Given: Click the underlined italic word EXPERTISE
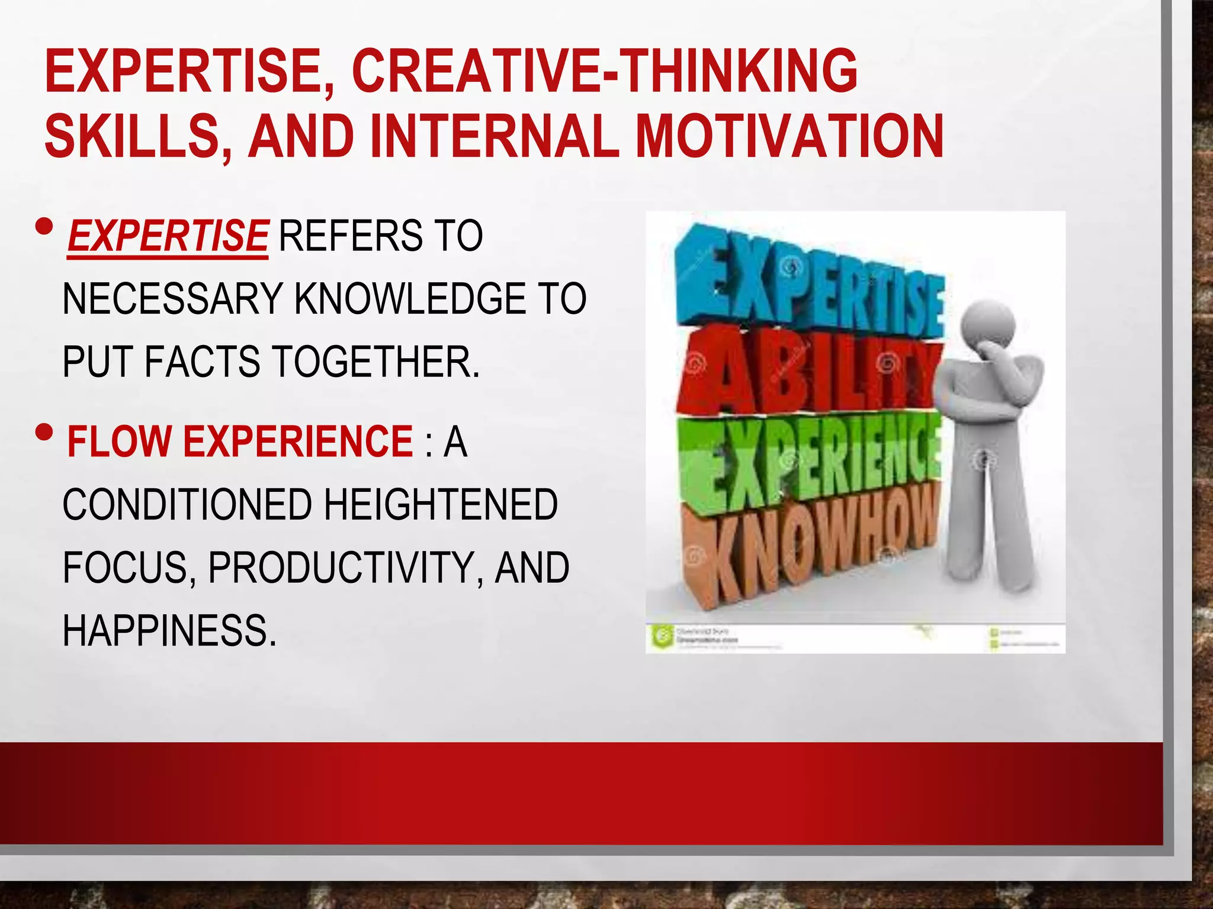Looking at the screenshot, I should click(x=168, y=236).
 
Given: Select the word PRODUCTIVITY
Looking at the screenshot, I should click(x=341, y=568).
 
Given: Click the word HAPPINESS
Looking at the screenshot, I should click(x=169, y=631).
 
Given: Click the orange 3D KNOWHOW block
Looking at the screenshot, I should click(x=811, y=544).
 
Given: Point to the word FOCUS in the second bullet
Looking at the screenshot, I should click(x=125, y=568).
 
